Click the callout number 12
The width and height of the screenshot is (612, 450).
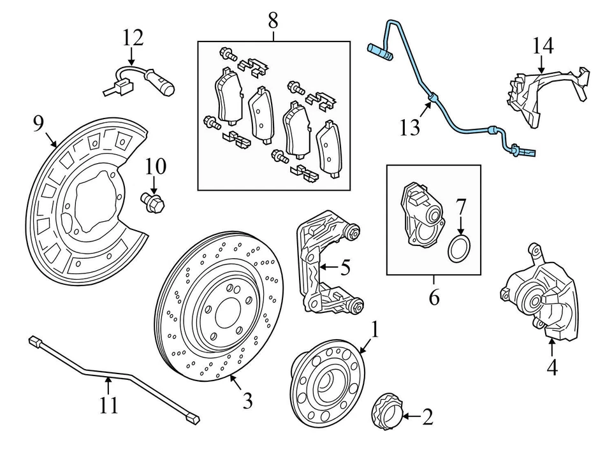pos(133,38)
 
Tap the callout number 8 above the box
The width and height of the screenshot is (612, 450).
pos(273,20)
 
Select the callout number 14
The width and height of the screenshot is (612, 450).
pos(543,45)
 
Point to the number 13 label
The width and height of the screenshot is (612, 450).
pos(410,128)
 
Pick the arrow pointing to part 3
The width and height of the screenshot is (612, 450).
pos(235,382)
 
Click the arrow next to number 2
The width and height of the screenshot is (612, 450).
pos(408,417)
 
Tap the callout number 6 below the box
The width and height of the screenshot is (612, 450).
pos(434,297)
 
